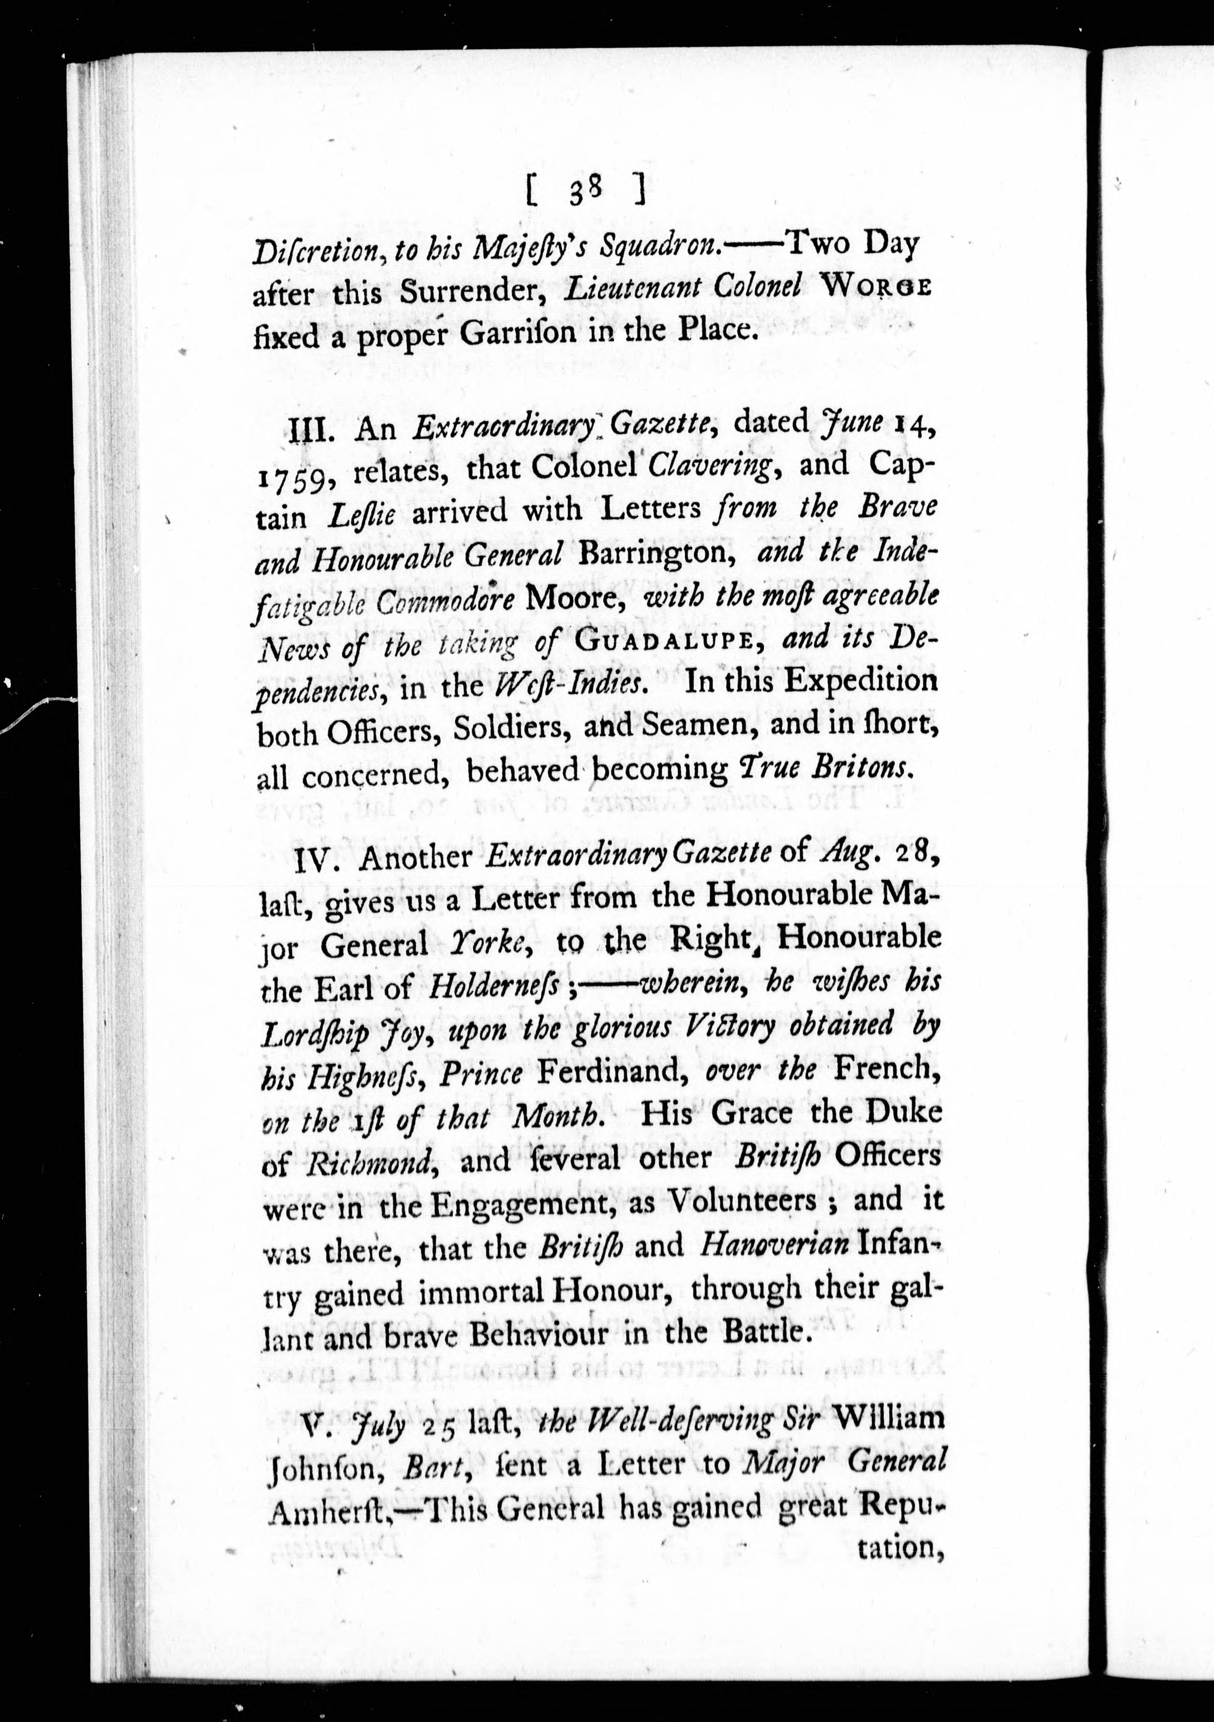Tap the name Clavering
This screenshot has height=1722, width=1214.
pyautogui.click(x=710, y=466)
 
